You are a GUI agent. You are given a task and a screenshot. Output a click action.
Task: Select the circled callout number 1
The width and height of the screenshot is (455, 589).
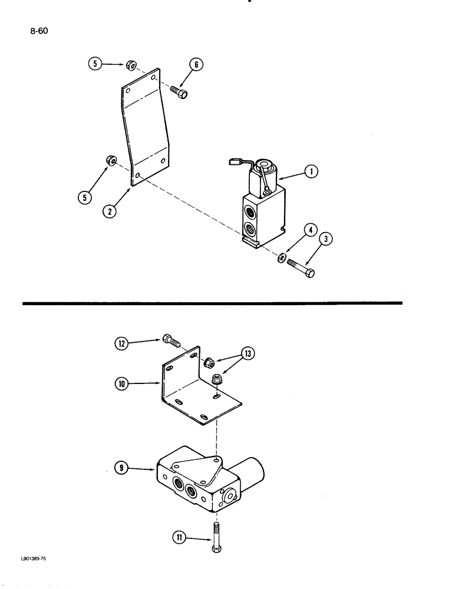click(x=312, y=172)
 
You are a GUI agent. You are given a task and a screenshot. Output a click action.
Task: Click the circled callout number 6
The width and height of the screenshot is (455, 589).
click(x=196, y=65)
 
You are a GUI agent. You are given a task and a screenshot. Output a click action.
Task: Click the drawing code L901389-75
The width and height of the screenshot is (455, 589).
click(x=32, y=564)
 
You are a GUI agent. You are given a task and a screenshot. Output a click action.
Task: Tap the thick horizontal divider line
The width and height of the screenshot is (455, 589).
click(x=212, y=303)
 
